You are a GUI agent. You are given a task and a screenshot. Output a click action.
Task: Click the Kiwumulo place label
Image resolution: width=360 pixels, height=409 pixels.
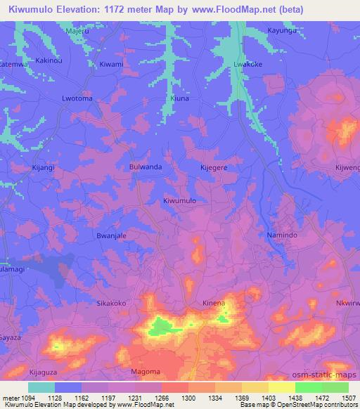point(179,201)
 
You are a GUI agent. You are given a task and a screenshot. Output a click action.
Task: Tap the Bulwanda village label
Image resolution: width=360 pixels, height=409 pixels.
point(146,167)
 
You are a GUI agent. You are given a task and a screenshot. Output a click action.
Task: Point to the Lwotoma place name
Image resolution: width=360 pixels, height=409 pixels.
point(77,99)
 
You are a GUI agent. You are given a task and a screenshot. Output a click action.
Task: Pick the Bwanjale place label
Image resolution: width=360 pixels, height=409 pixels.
point(111,236)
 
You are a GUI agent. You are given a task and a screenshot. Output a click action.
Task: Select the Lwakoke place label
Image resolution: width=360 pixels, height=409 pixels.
point(247,65)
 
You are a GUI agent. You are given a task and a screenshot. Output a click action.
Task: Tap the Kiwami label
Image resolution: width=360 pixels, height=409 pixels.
point(111,65)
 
